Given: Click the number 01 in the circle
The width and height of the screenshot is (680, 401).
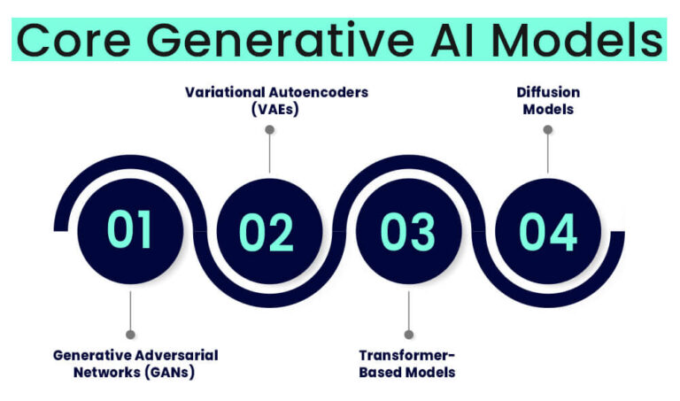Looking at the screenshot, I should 130,229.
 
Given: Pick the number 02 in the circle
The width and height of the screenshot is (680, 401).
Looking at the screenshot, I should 267,230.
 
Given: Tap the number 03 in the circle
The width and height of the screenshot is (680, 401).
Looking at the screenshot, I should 407,230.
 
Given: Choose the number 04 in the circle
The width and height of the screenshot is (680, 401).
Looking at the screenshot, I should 547,230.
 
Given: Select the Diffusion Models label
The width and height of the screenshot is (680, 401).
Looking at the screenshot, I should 547,100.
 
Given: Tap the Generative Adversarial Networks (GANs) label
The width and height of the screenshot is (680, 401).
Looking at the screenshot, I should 135,363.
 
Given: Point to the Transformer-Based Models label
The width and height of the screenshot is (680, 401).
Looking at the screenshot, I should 407,363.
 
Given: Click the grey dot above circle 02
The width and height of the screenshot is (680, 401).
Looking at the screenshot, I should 269,130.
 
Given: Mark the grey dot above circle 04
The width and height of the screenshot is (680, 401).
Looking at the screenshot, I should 548,130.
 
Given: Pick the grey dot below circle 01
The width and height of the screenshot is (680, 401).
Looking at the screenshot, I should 130,334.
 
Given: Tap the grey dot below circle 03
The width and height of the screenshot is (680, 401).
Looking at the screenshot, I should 408,334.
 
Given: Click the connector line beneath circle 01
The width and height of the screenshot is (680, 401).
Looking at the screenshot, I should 130,310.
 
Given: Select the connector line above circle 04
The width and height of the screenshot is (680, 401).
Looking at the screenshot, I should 548,152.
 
